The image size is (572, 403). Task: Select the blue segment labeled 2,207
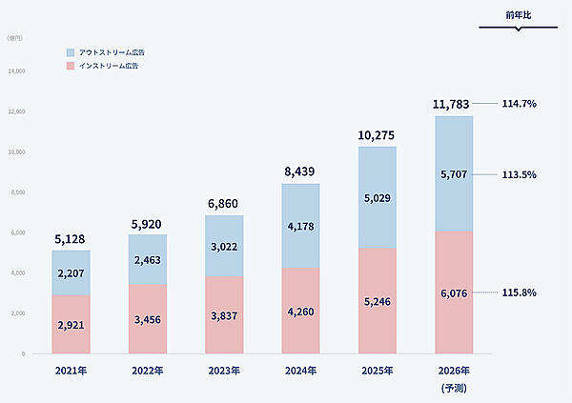click(x=71, y=272)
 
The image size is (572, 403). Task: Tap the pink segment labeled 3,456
click(x=148, y=318)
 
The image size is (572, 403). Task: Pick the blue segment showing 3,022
click(x=224, y=246)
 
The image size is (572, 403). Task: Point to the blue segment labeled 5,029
click(x=378, y=197)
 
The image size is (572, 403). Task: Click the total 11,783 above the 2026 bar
click(x=453, y=103)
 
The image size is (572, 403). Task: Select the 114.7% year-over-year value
click(x=521, y=103)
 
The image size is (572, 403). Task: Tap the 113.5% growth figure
click(x=521, y=174)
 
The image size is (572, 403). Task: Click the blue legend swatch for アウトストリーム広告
click(x=71, y=51)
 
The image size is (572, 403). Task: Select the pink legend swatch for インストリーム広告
click(x=71, y=66)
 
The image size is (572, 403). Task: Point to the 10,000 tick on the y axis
click(x=18, y=152)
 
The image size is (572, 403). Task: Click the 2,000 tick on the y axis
click(x=18, y=313)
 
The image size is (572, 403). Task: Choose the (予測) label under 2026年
click(x=454, y=389)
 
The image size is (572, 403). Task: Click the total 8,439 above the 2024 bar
click(x=300, y=172)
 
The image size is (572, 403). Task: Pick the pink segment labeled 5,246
click(x=378, y=301)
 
